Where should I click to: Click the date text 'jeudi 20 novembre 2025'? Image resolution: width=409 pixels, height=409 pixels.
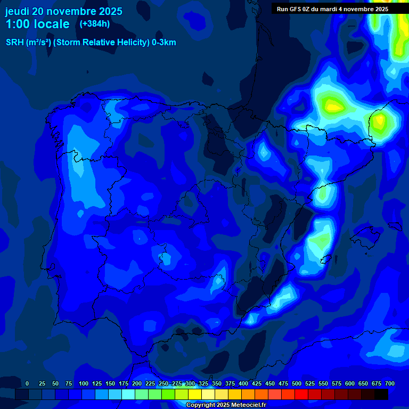coord(63,11)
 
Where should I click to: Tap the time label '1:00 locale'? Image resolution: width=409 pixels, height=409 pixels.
coord(37,24)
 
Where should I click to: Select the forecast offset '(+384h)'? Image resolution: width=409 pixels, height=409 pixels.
coord(94,24)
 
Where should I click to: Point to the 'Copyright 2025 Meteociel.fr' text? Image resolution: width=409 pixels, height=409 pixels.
coord(226,405)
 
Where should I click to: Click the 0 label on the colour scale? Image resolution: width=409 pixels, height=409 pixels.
coord(27,383)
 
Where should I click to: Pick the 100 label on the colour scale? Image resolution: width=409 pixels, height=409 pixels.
coord(84,383)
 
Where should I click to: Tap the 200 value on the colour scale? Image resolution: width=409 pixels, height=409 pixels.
coord(137,383)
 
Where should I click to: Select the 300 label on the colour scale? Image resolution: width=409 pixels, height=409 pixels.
coord(190,383)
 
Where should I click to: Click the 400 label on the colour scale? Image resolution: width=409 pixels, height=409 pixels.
coord(243,383)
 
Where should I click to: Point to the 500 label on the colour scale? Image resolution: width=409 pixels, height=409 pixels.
coord(297,383)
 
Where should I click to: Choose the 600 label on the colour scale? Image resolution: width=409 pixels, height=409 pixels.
coord(350,383)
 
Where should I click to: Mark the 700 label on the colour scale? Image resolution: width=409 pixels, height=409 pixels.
coord(390,383)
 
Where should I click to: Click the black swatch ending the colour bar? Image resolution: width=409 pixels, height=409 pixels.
coord(381,394)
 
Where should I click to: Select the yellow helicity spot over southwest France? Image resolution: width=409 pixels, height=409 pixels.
coord(334,106)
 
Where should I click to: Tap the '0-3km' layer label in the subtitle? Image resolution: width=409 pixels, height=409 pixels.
coord(163,43)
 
